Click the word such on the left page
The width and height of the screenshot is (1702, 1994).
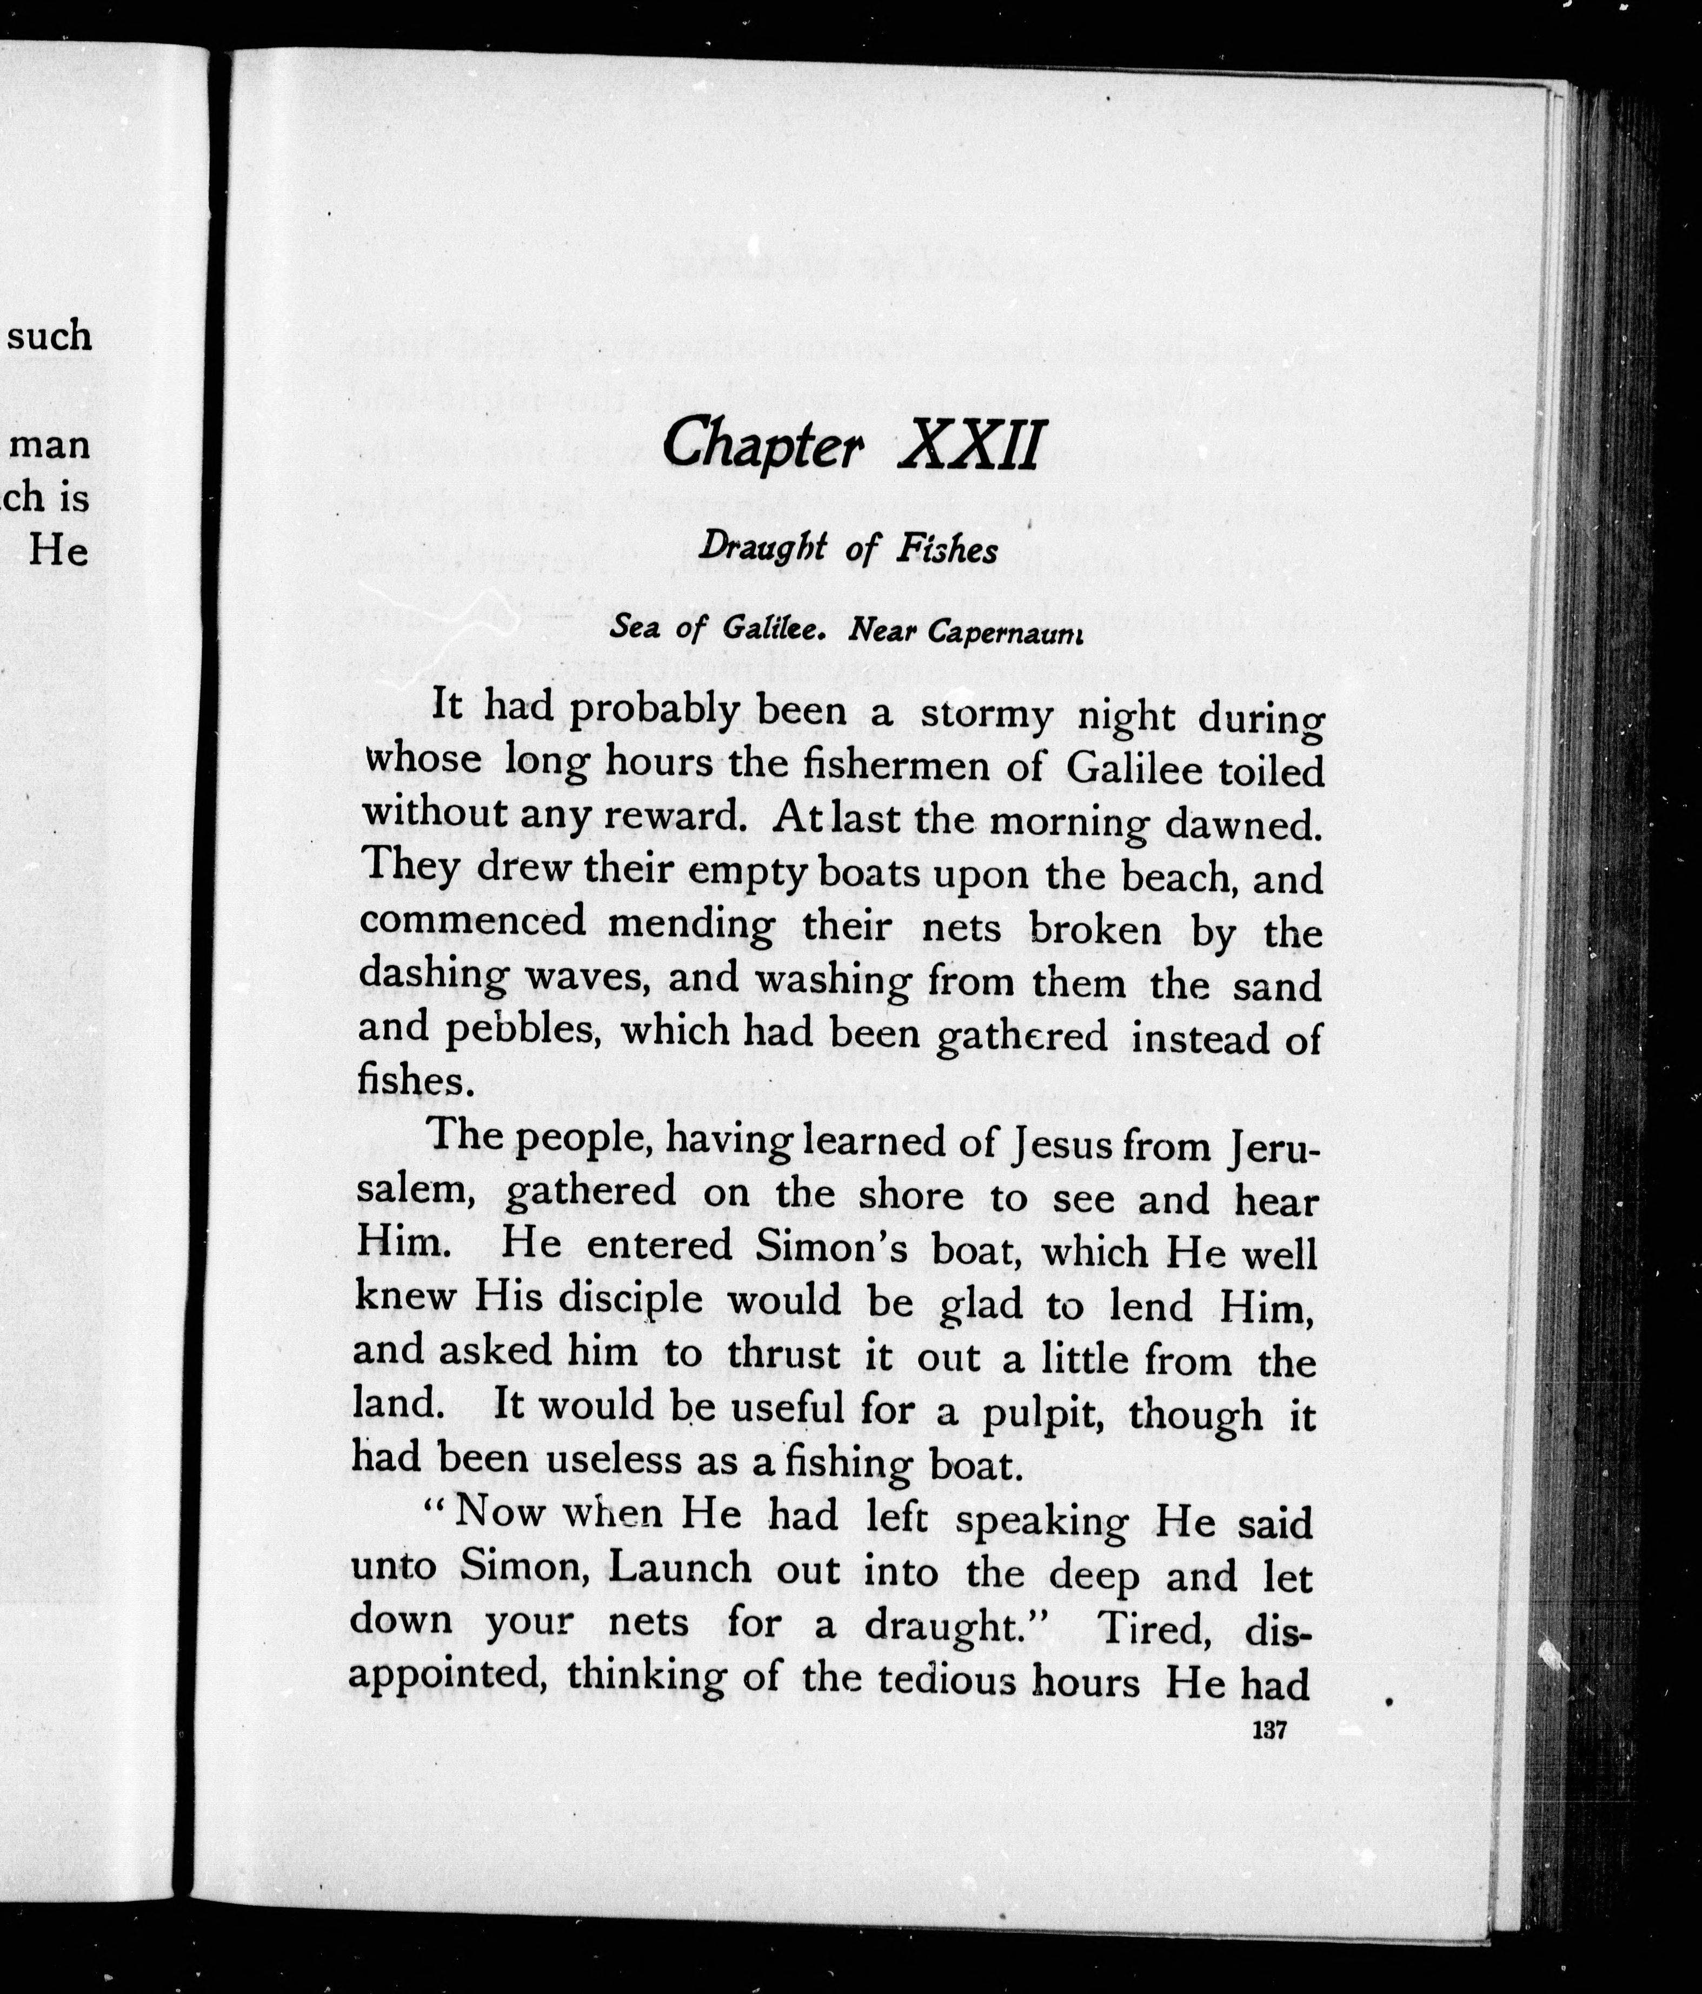[50, 336]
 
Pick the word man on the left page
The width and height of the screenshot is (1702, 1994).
[50, 444]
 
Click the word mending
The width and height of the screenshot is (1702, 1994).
[691, 926]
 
